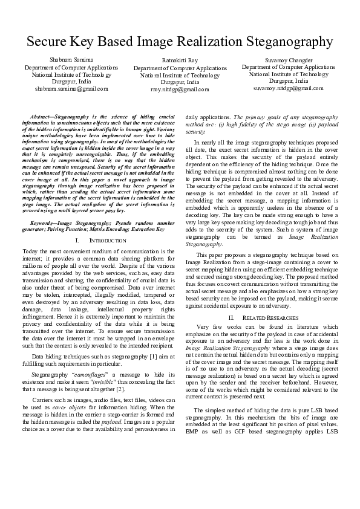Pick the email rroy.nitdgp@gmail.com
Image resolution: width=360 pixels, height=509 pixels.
point(180,89)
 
